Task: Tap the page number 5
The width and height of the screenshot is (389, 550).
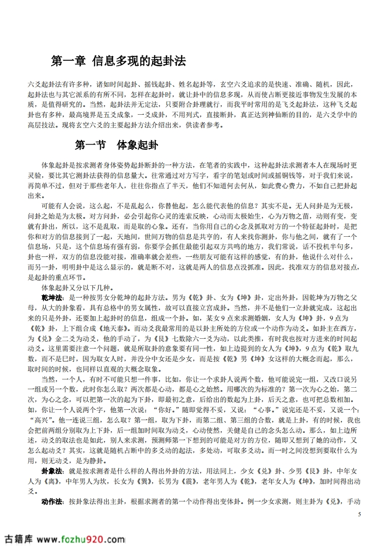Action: tap(360, 514)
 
